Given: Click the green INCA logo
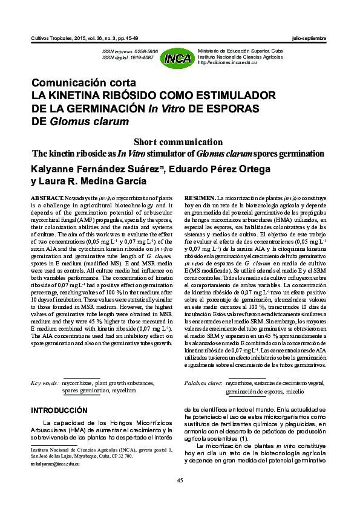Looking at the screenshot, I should (178, 57).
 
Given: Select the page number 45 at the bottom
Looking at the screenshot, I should (180, 480).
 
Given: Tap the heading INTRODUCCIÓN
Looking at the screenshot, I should (59, 410).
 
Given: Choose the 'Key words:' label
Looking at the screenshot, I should (45, 383).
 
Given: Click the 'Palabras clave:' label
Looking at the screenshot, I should (202, 383).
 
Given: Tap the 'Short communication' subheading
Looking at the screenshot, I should (180, 141).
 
